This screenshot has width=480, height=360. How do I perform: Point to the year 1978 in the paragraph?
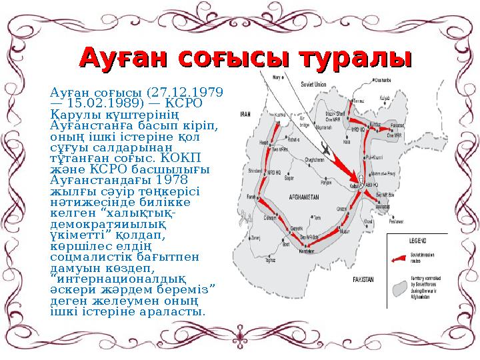pos(169,180)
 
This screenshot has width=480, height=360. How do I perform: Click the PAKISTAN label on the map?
pos(365,277)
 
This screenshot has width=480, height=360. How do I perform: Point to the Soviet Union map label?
pos(313,85)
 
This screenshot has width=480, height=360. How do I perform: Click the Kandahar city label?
pos(306,251)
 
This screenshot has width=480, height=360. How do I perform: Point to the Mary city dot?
pos(272,77)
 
